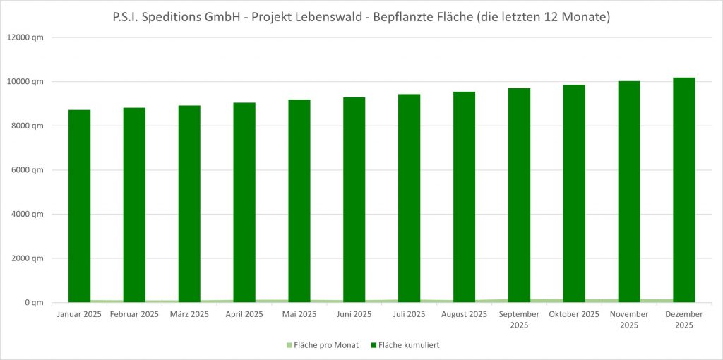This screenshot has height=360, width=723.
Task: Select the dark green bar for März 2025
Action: (x=189, y=204)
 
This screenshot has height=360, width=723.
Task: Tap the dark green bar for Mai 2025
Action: (x=299, y=201)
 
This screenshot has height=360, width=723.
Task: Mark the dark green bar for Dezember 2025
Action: (x=683, y=190)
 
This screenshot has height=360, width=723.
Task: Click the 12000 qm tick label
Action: (x=26, y=37)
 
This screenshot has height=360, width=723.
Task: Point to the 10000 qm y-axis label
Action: (x=26, y=82)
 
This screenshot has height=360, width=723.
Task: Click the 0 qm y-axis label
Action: (x=32, y=303)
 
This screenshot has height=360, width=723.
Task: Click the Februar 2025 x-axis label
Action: (x=134, y=314)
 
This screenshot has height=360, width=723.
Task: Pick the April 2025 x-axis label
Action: (x=244, y=314)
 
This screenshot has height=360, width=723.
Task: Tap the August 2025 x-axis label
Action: (x=464, y=314)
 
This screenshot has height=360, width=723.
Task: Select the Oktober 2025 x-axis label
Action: (x=574, y=314)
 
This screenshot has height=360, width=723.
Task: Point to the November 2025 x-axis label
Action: (x=629, y=319)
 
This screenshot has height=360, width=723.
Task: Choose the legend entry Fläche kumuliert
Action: (x=410, y=345)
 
